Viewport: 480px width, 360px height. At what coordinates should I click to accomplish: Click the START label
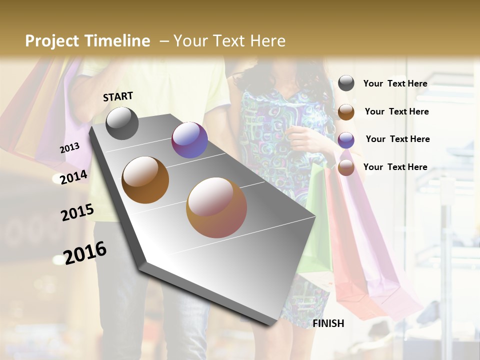pos(118,96)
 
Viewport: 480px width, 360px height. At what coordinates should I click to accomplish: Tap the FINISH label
pos(328,323)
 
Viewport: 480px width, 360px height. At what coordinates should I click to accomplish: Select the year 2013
pos(69,148)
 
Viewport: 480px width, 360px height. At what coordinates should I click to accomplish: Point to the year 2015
pos(77,212)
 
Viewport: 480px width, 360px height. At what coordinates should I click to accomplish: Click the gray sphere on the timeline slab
pos(122,123)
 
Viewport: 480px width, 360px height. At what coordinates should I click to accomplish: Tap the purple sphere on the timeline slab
pos(189,140)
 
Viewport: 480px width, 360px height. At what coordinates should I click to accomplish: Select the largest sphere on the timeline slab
pos(216,207)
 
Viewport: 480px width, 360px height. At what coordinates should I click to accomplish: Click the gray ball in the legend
pos(346,83)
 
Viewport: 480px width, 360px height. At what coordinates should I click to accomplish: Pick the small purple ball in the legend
pos(346,140)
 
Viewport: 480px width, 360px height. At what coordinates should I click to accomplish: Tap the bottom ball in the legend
pos(346,168)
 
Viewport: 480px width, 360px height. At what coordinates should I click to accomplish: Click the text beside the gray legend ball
pos(395,83)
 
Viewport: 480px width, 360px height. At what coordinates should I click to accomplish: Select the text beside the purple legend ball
pos(397,139)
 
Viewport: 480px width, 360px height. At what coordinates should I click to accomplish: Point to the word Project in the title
pos(52,41)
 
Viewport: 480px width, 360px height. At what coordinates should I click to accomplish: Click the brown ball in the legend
pos(346,112)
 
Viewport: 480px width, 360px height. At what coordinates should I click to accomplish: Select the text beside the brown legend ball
pos(396,111)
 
